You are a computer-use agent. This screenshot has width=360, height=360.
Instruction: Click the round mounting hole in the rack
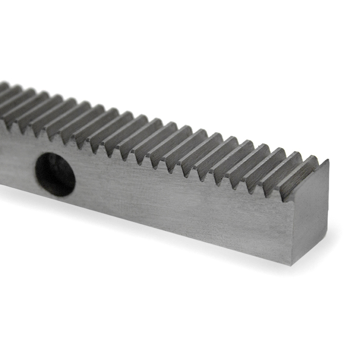point(55,174)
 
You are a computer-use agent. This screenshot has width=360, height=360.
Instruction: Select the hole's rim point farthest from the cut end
point(35,173)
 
